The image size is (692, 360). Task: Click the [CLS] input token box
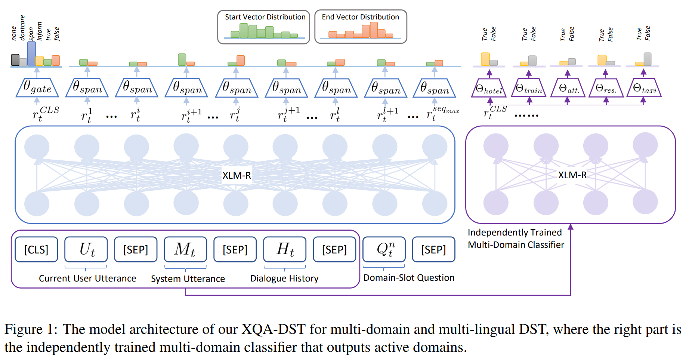36,249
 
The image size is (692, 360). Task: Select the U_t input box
86,249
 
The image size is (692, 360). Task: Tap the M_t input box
185,249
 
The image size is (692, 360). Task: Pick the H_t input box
285,249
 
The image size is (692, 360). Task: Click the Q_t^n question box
384,249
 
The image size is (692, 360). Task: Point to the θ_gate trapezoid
37,88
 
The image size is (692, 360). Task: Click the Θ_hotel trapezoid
489,89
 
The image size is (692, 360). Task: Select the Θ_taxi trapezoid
644,88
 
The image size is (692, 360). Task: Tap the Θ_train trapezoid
529,88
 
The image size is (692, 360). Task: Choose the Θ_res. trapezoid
606,88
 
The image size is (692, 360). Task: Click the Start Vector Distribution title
265,17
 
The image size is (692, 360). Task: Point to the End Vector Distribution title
360,17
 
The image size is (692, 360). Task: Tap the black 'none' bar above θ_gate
15,60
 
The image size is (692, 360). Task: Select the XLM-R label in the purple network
572,175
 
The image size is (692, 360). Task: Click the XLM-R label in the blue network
237,175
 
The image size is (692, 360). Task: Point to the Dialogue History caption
284,279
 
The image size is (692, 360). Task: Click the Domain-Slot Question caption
409,278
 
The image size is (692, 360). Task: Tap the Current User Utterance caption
87,279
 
